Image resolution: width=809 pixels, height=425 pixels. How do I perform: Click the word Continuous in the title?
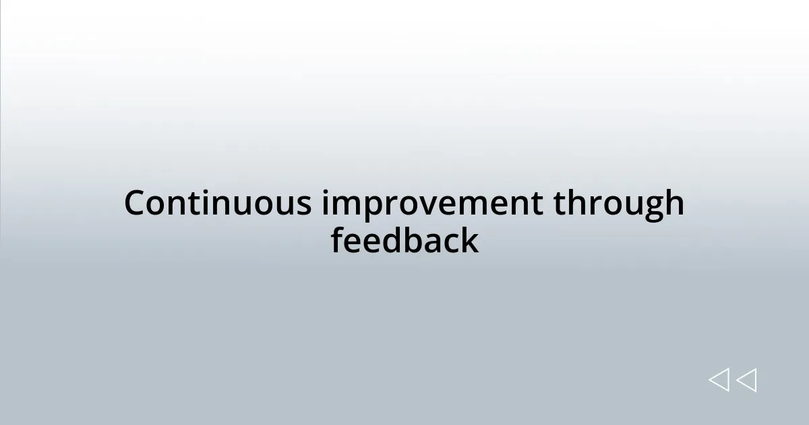(217, 203)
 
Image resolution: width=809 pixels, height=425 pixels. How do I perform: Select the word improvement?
(431, 204)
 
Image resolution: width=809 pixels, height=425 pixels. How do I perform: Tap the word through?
(619, 204)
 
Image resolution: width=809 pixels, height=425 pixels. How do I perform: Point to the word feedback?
(404, 241)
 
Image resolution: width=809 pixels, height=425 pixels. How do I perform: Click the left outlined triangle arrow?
(719, 380)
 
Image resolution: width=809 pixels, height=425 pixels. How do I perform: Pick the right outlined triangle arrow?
(746, 380)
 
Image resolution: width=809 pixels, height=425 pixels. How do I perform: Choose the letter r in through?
(591, 205)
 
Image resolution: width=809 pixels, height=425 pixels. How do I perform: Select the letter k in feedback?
(470, 240)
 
